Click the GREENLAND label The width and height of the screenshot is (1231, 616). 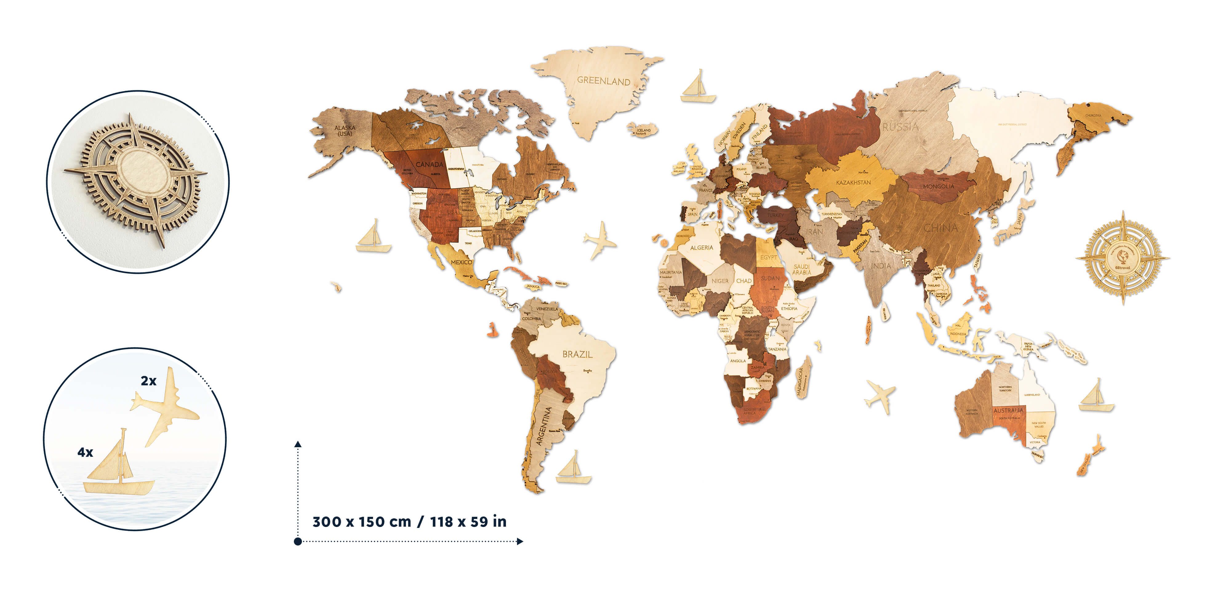click(603, 81)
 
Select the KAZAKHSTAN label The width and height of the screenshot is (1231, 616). click(853, 182)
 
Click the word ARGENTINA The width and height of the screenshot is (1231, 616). click(544, 426)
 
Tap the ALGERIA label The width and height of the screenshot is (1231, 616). click(701, 248)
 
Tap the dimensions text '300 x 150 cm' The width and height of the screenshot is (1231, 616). click(362, 521)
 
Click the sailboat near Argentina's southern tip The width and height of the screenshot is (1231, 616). click(573, 469)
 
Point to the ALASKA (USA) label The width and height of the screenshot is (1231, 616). click(345, 131)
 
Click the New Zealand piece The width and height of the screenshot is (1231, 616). click(1089, 457)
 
